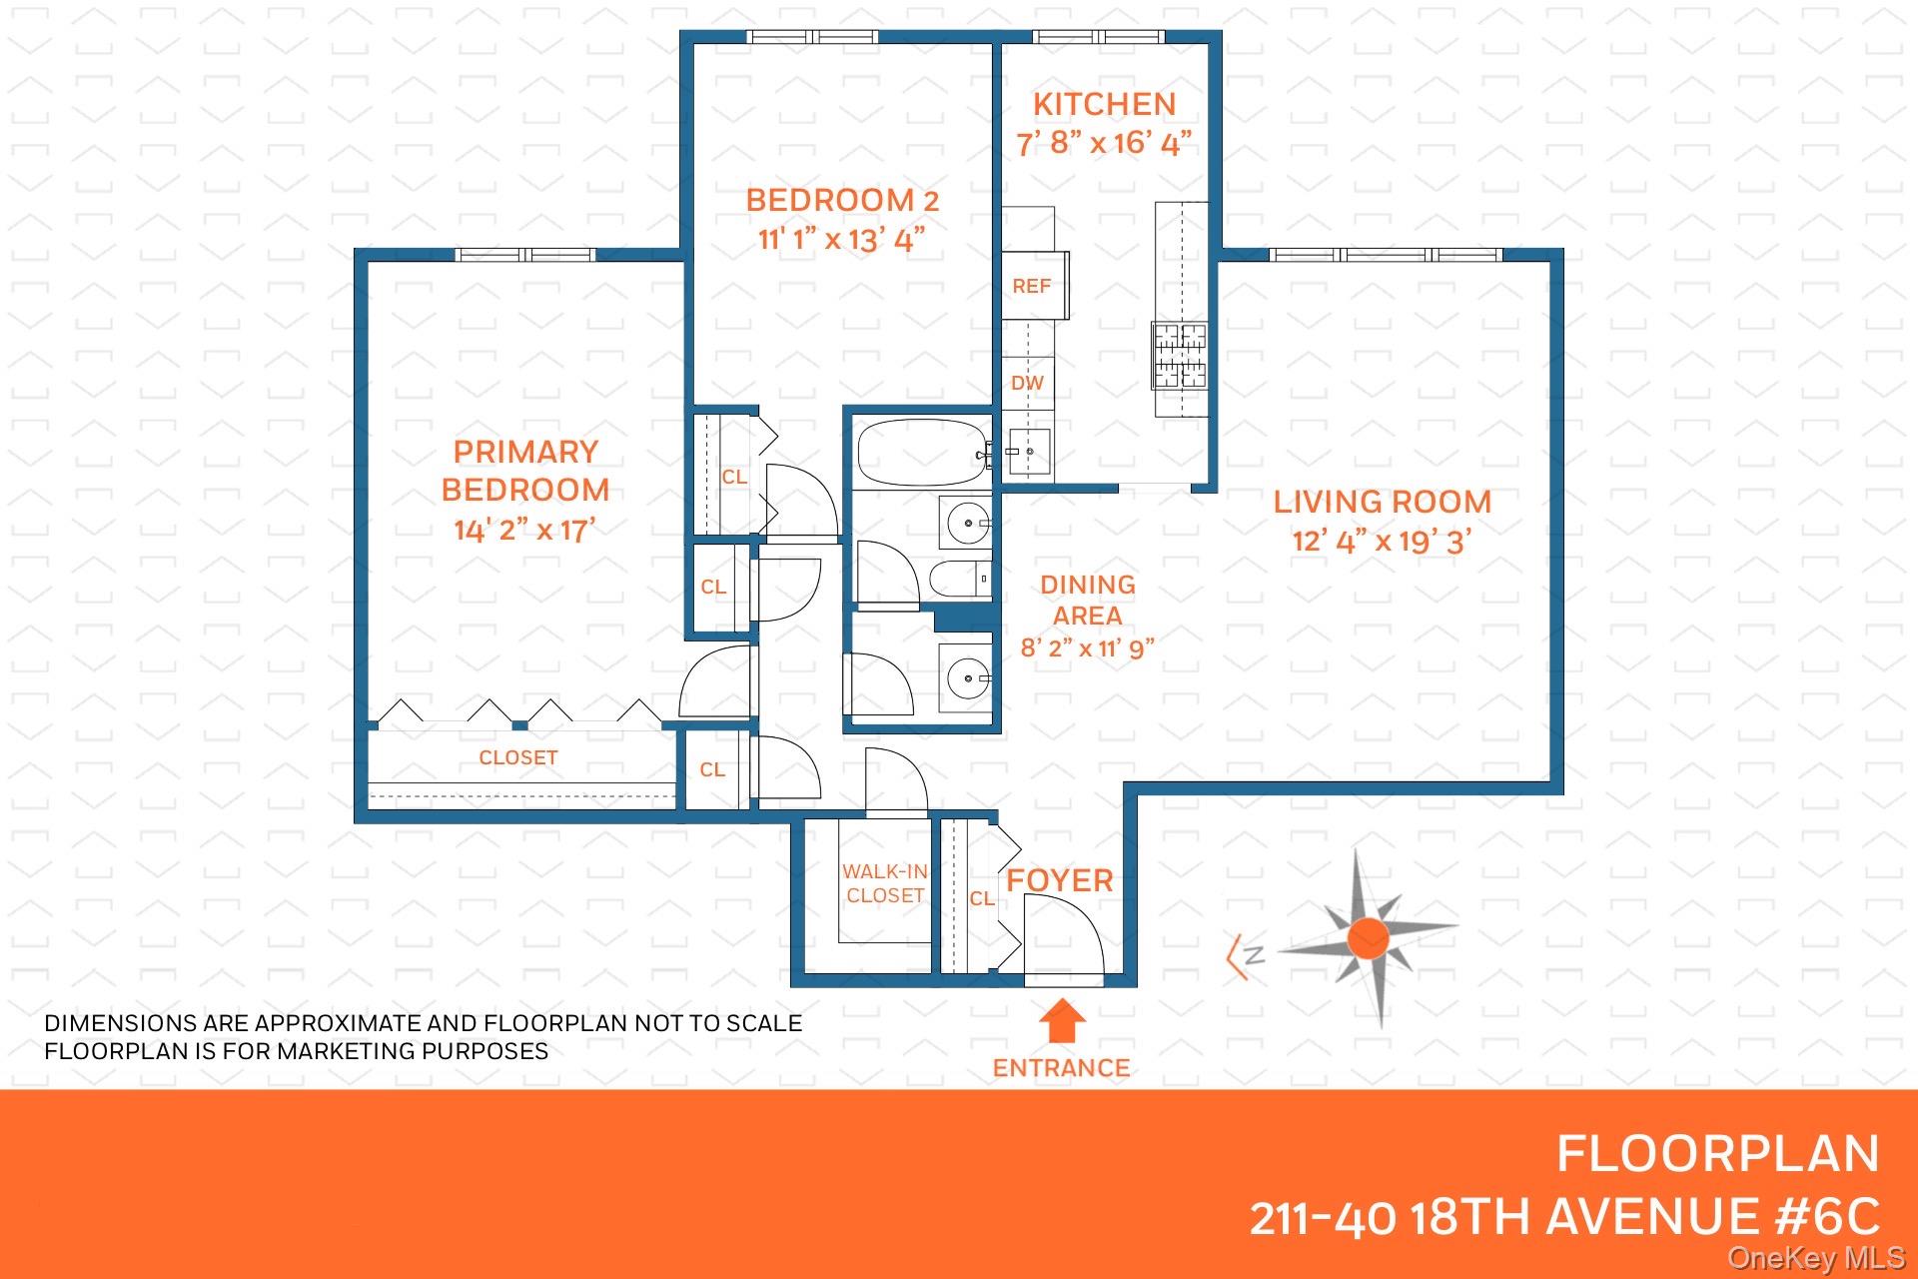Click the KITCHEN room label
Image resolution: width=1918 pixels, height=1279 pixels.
click(1104, 104)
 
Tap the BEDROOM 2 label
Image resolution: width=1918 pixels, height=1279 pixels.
click(842, 200)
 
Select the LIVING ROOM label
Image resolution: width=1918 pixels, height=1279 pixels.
click(1382, 502)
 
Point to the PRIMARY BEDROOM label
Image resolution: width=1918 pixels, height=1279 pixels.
click(525, 471)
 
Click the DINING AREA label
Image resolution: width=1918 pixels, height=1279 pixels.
click(1088, 600)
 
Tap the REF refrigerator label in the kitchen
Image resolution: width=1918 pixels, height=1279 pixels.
click(1031, 287)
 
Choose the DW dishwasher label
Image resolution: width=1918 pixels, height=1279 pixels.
click(1027, 383)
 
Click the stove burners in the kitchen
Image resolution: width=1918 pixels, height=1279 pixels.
click(1181, 355)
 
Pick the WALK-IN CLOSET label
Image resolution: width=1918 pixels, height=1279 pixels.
click(885, 884)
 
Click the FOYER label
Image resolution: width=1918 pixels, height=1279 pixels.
click(1060, 880)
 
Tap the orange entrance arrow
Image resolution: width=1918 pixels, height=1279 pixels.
click(1062, 1023)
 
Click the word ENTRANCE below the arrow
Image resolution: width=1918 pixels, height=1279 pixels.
click(1061, 1068)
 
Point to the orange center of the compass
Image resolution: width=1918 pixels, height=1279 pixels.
click(1368, 939)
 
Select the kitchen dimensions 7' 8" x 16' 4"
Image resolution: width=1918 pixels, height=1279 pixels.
click(1104, 144)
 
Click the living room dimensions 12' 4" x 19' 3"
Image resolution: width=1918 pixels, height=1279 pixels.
click(1382, 542)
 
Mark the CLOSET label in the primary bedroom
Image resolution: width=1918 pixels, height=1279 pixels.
click(517, 758)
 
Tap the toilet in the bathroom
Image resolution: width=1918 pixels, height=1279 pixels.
click(960, 579)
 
